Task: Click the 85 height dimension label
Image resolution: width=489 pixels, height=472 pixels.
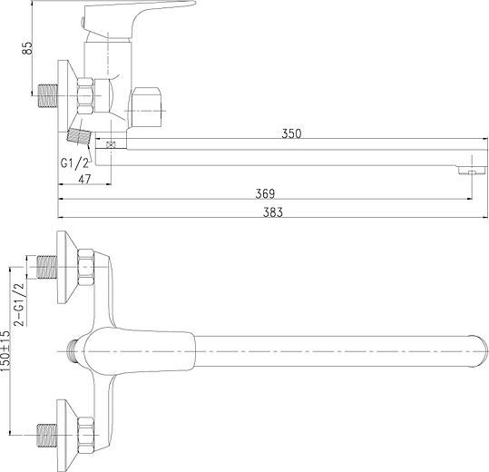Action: [x=28, y=48]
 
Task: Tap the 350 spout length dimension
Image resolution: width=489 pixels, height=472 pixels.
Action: [x=291, y=133]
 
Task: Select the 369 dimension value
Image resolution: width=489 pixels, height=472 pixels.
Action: [x=265, y=193]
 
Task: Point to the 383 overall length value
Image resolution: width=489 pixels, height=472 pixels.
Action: [x=273, y=212]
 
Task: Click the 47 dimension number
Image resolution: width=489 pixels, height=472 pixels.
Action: [x=84, y=179]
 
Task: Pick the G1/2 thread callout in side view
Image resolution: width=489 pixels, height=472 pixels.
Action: [x=74, y=162]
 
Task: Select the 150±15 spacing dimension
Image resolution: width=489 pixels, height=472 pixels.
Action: [x=5, y=350]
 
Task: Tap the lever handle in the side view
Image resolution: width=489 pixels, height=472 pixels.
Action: [x=137, y=19]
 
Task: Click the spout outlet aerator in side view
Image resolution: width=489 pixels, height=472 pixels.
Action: [x=472, y=171]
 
